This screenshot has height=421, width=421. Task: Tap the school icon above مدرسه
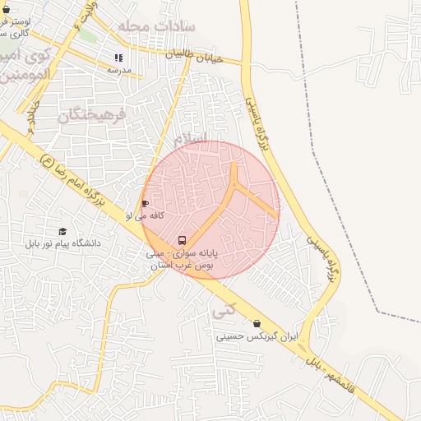click(x=118, y=58)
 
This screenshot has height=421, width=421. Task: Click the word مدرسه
click(x=119, y=70)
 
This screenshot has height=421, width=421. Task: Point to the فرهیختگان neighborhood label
click(x=93, y=114)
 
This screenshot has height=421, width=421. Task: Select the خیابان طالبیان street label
click(x=195, y=57)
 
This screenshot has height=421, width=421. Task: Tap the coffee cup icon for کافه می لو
click(x=146, y=203)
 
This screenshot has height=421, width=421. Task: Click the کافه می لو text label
click(x=145, y=215)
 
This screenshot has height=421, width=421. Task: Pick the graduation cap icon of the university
click(x=62, y=232)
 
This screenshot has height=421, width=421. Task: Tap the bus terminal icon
click(x=181, y=241)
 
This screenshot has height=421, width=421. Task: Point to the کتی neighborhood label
click(x=224, y=312)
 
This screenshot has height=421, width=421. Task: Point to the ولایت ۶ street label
click(x=87, y=12)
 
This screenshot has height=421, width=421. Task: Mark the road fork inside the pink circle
click(x=236, y=186)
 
